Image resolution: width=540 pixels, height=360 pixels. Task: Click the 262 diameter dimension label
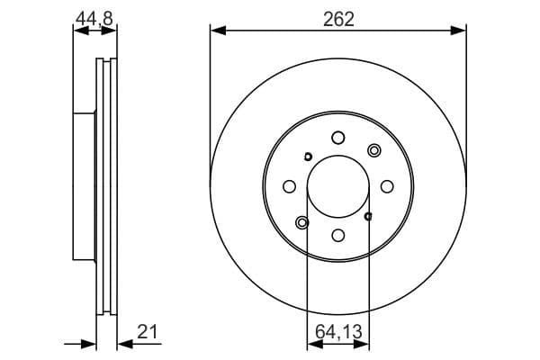(x=337, y=18)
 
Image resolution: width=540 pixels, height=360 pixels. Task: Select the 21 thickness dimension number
(x=148, y=331)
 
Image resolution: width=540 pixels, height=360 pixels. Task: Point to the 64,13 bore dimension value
(x=337, y=332)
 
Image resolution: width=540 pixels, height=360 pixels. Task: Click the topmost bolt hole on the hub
(x=337, y=138)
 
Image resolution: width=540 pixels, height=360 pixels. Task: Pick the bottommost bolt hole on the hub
(x=337, y=235)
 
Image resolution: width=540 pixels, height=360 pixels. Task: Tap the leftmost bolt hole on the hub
(x=289, y=186)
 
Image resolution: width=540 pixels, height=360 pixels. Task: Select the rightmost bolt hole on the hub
(x=387, y=186)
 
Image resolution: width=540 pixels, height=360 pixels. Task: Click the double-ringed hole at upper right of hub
(x=374, y=150)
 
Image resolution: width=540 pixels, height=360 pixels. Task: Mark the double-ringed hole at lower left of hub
(x=301, y=222)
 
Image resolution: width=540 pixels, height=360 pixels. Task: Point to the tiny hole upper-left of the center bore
(x=308, y=157)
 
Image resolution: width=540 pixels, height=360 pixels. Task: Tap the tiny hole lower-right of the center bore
(x=368, y=216)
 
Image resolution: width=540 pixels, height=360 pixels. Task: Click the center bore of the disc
(x=337, y=186)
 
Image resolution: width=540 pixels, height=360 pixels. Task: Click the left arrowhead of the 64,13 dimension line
(x=312, y=344)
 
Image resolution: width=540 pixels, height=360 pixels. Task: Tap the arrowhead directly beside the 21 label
(x=123, y=343)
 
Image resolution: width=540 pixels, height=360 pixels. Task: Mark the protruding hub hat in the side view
(x=84, y=186)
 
